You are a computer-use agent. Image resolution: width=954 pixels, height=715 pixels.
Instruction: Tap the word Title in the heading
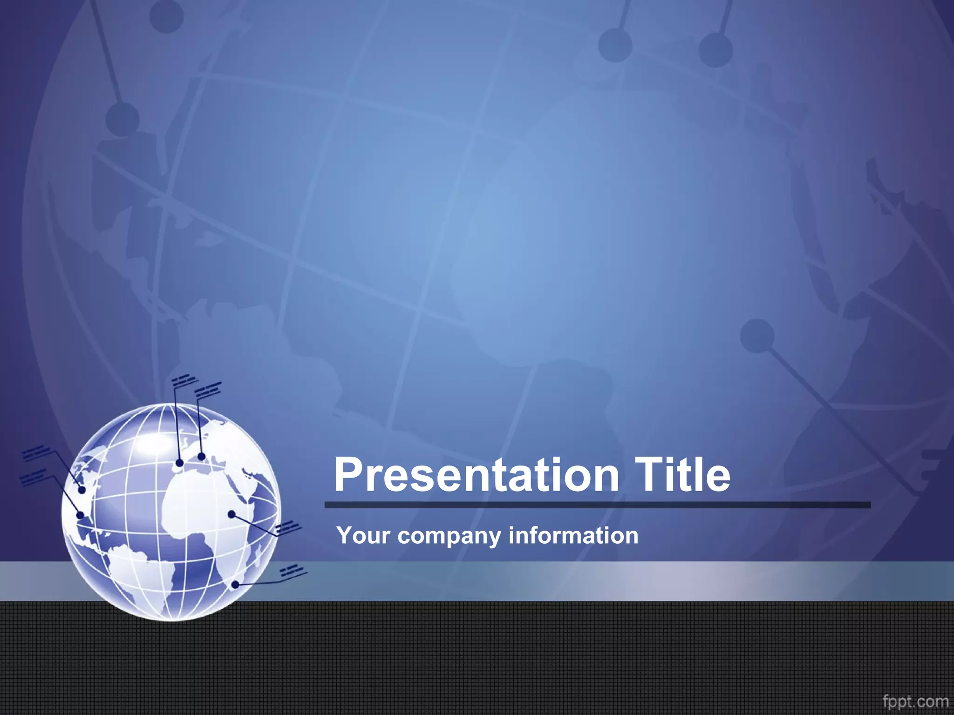tap(682, 475)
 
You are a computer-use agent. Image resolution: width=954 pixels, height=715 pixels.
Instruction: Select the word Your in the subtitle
tap(363, 535)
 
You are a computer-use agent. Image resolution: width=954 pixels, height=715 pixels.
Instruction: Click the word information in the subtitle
tap(573, 535)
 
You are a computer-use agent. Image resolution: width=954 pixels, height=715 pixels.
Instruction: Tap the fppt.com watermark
tap(915, 701)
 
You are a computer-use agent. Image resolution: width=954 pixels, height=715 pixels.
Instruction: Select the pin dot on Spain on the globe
tap(179, 463)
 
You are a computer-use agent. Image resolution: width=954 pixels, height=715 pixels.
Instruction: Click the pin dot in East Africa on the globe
tap(232, 514)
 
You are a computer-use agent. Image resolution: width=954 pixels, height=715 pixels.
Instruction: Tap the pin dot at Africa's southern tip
tap(236, 584)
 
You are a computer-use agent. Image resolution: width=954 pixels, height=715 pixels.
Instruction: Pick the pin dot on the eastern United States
tap(82, 490)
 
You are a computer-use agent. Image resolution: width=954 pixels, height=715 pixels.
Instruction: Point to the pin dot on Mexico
tap(80, 515)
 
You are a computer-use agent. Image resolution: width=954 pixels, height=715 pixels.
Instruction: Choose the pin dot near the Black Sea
tap(201, 457)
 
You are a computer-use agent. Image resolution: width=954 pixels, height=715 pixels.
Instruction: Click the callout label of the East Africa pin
tap(287, 527)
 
